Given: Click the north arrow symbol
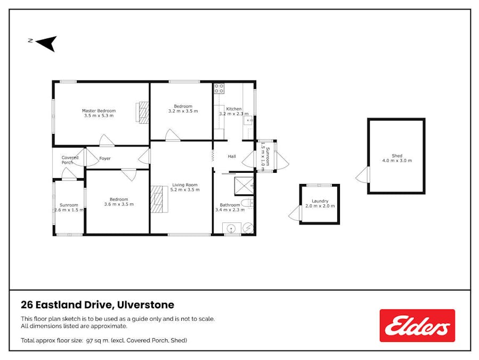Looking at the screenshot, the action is point(47,43).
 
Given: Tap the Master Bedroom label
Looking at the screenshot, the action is point(99,111).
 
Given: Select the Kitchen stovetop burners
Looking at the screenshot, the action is point(219,89).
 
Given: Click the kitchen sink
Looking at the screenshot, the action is point(249,121).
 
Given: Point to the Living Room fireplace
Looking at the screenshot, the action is point(159,199).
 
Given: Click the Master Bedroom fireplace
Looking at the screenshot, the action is point(142,112).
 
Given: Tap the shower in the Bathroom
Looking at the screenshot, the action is point(244,186).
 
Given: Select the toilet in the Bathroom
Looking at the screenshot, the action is point(247,203).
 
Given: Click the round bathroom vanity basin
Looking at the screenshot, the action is point(232,228).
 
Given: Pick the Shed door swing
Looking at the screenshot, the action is point(363,175).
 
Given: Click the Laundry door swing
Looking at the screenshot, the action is point(295,213).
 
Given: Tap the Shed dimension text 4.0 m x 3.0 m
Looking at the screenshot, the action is point(397,161).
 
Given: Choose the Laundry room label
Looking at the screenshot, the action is point(320,201).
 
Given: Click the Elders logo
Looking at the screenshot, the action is point(417,325).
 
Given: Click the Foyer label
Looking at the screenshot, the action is point(105,158).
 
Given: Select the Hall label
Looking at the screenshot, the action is point(232,156).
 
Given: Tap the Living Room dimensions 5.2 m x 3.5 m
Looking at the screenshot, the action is point(185,190).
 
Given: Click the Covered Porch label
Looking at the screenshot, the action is point(70,160).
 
